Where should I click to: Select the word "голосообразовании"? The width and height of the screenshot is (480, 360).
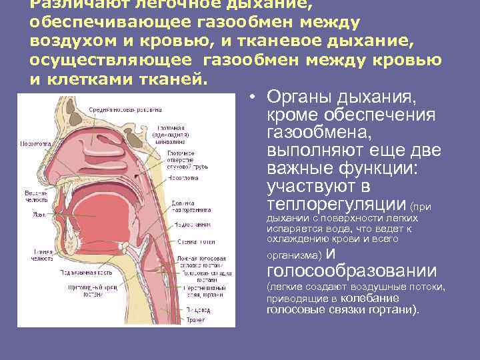(351, 271)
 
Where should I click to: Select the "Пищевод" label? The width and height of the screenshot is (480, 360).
(196, 310)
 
